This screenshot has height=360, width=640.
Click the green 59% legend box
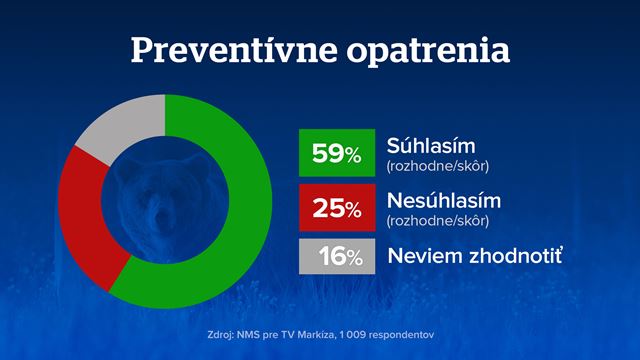[x=336, y=153]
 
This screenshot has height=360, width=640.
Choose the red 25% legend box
[x=336, y=208]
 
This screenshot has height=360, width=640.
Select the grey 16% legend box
[x=336, y=256]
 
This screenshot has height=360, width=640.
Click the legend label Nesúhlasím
[x=438, y=200]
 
